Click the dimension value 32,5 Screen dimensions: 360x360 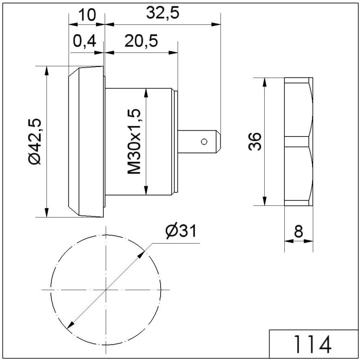(x=163, y=13)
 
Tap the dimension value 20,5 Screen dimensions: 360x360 (x=141, y=41)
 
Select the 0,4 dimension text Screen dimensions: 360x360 (x=84, y=41)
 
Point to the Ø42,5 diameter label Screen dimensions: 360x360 (x=35, y=141)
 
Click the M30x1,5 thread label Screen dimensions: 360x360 (x=134, y=141)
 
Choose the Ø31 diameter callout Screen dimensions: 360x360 (x=181, y=231)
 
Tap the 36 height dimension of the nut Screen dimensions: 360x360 (x=255, y=141)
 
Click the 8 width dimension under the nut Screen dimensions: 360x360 (x=298, y=231)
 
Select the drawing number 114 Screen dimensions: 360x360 (x=313, y=344)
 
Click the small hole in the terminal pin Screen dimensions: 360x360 (x=204, y=141)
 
